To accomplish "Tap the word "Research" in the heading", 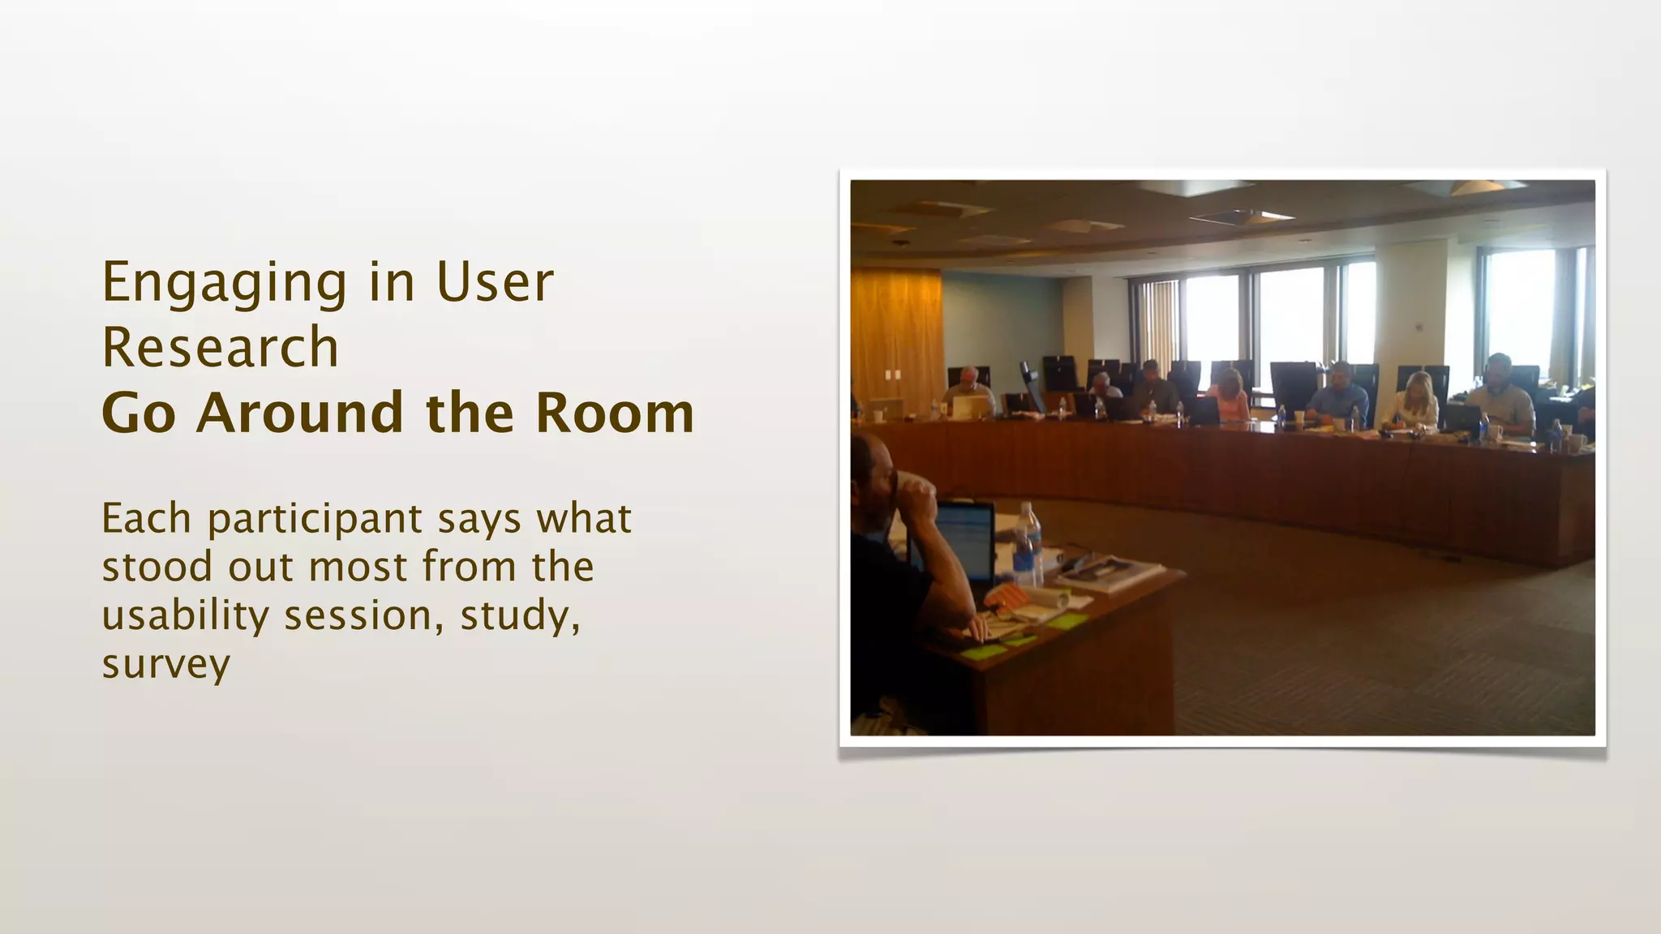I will [x=220, y=347].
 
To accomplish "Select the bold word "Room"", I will [x=614, y=413].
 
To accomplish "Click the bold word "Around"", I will [x=300, y=413].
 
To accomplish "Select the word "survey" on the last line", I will [x=165, y=665].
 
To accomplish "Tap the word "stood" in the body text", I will [x=156, y=567].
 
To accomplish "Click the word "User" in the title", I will [x=495, y=284].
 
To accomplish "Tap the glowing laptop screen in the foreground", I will [x=965, y=538].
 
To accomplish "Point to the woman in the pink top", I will [x=1231, y=396].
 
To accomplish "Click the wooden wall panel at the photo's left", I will [x=895, y=332].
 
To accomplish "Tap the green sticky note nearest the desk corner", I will [x=1067, y=621].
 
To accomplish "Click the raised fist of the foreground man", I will [x=916, y=495].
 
